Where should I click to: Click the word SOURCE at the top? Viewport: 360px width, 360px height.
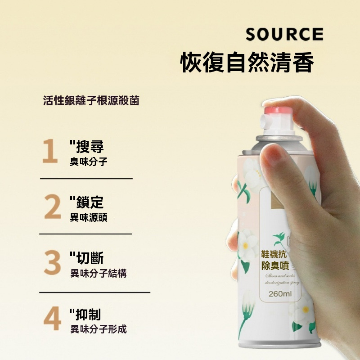click(x=284, y=35)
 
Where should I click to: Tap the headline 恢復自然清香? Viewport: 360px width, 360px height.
click(x=247, y=63)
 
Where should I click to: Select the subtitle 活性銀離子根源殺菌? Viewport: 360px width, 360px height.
click(x=91, y=100)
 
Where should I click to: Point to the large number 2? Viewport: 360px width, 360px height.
click(x=52, y=207)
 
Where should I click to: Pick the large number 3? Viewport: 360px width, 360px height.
click(x=52, y=263)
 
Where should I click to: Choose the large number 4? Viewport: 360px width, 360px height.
click(x=52, y=319)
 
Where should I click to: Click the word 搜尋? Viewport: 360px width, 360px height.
click(x=90, y=146)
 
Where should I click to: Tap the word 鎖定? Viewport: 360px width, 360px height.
click(x=90, y=202)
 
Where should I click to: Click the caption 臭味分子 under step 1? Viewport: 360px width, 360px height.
click(x=89, y=162)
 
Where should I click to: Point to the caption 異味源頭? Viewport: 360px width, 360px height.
click(x=89, y=218)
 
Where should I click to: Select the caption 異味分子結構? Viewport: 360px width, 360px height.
click(x=98, y=273)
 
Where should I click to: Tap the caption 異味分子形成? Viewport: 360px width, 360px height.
click(x=98, y=329)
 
